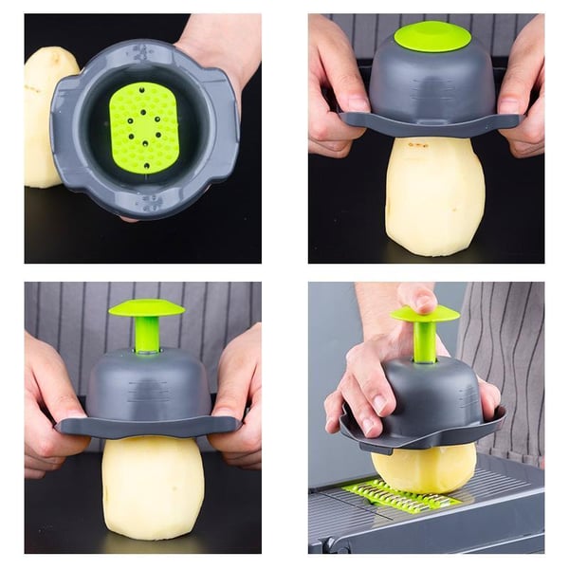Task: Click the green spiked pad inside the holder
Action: [143, 127]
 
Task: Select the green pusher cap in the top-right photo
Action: [431, 36]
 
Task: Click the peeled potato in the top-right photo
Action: [435, 194]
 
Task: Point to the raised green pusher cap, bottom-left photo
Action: [146, 308]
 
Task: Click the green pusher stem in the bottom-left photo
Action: [147, 334]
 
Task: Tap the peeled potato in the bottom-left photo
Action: [153, 484]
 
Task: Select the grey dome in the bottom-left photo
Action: [147, 384]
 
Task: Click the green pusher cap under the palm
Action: [424, 314]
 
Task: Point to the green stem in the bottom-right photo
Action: [425, 341]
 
